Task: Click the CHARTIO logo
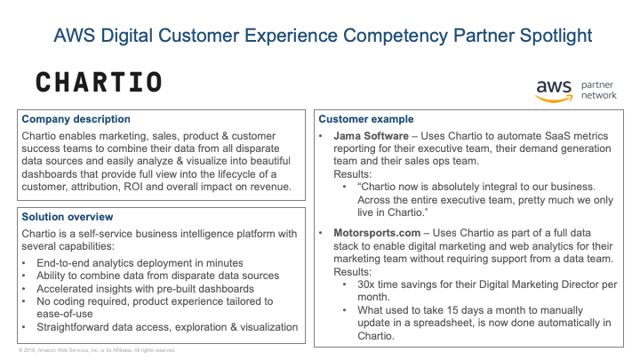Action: (99, 82)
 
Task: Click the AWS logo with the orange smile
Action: (554, 91)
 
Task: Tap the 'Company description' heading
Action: (76, 119)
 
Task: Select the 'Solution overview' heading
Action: (68, 217)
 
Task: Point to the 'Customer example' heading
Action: (366, 119)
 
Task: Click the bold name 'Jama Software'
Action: (371, 136)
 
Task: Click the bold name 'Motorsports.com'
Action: (377, 233)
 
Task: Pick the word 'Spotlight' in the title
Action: (556, 36)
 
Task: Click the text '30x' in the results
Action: (365, 284)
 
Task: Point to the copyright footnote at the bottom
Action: (97, 350)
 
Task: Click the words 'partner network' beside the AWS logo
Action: (599, 90)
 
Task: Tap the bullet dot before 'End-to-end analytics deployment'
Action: (24, 263)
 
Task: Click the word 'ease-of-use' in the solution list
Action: (65, 314)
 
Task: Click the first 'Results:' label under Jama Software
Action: (353, 174)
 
